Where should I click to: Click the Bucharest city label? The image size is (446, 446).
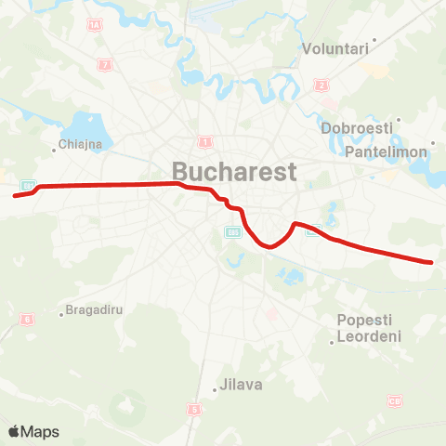pyautogui.click(x=233, y=171)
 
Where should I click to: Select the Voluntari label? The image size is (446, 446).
pyautogui.click(x=335, y=48)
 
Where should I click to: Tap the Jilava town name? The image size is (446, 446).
pyautogui.click(x=242, y=385)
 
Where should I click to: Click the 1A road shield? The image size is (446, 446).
pyautogui.click(x=94, y=26)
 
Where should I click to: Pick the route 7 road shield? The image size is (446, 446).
pyautogui.click(x=106, y=65)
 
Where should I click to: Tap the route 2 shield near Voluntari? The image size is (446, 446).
pyautogui.click(x=322, y=85)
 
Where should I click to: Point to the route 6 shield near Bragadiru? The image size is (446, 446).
pyautogui.click(x=28, y=320)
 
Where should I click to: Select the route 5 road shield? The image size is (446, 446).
pyautogui.click(x=193, y=409)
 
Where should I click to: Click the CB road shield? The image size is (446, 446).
pyautogui.click(x=396, y=401)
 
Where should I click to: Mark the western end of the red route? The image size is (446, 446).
pyautogui.click(x=15, y=195)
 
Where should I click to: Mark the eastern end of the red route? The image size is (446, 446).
pyautogui.click(x=432, y=262)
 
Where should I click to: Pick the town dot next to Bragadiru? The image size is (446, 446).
pyautogui.click(x=61, y=313)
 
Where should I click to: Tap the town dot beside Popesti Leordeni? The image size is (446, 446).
pyautogui.click(x=333, y=342)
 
